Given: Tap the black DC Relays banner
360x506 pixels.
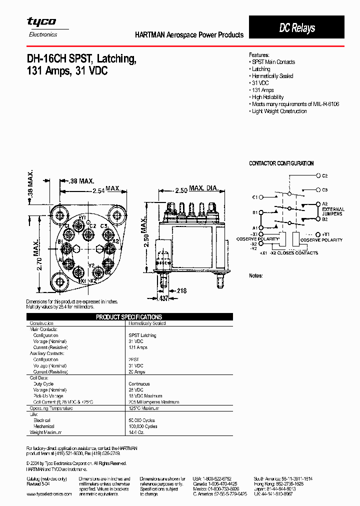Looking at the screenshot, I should [297, 28].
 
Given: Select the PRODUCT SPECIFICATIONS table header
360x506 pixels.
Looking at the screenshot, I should [129, 317].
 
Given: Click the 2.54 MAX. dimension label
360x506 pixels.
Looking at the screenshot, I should [105, 189].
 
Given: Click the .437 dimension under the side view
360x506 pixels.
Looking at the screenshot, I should [163, 298].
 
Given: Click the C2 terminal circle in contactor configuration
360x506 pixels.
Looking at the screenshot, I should [318, 176].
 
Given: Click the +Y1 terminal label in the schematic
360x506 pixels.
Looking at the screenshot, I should [325, 234].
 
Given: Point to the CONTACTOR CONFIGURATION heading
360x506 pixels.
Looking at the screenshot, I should [281, 163].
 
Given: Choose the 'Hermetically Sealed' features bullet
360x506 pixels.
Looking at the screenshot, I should [272, 76].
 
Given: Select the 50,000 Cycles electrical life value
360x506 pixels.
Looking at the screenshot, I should [142, 420].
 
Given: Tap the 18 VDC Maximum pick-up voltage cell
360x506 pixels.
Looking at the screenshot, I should [145, 396].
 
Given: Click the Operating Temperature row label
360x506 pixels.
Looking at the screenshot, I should [51, 408].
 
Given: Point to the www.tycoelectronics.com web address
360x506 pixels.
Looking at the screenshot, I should [48, 493].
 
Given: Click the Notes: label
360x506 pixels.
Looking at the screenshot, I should [256, 276].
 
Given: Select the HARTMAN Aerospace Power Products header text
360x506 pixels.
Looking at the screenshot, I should [189, 35].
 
